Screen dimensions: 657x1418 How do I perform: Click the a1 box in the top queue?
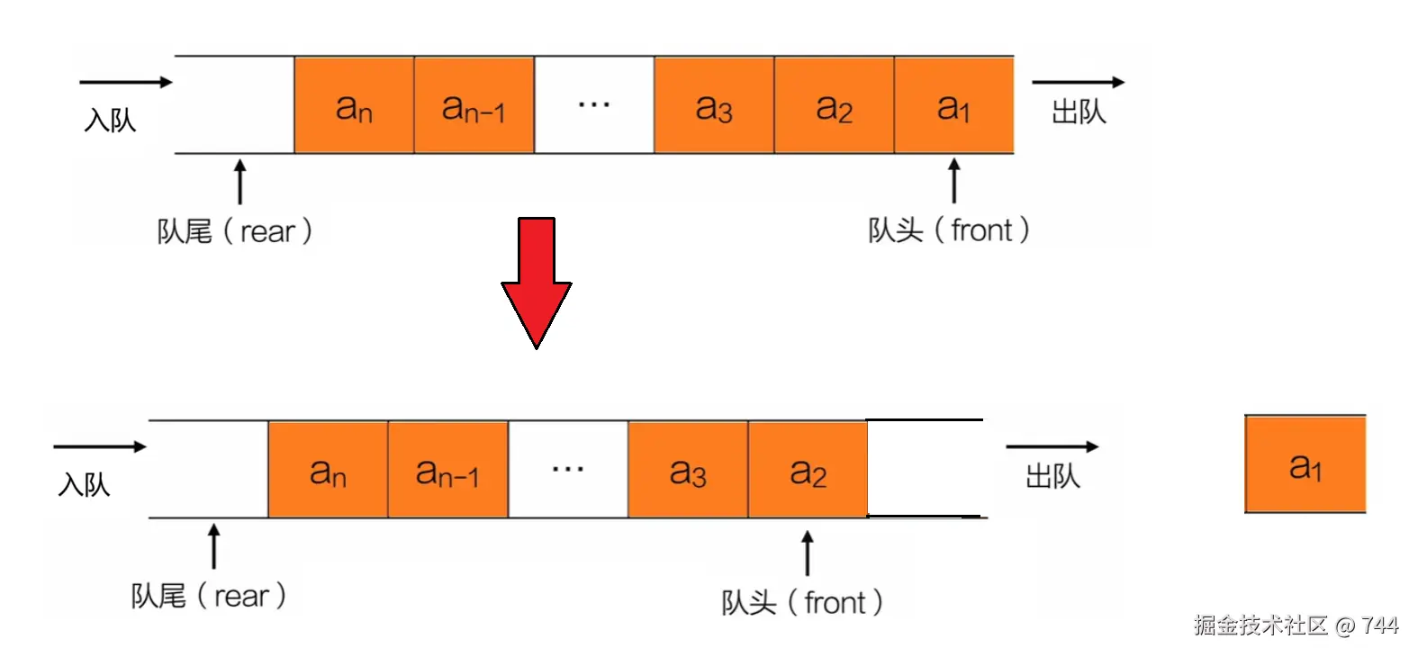coord(953,105)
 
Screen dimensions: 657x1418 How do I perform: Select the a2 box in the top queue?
coord(834,105)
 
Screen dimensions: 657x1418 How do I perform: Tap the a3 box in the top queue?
coord(714,105)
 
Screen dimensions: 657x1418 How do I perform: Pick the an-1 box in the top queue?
coord(474,105)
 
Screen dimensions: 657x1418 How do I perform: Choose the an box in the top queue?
coord(354,105)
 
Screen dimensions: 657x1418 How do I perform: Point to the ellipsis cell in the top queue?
coord(594,105)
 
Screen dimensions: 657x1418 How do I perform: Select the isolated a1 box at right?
coord(1305,464)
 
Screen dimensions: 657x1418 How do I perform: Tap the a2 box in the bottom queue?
coord(808,470)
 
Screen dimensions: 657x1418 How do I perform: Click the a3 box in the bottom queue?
coord(688,470)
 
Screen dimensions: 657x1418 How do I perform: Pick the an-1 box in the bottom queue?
coord(447,470)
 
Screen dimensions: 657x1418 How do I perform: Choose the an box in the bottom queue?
coord(328,470)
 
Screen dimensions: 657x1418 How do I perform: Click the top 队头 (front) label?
coord(948,230)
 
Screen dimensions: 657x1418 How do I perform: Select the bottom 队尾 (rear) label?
coord(209,596)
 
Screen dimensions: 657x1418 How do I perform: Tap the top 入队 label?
coord(110,120)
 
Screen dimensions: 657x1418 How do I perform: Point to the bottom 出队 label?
coord(1052,476)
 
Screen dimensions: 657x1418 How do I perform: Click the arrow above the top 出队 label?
coord(1078,82)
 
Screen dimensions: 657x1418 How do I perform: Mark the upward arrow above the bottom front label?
coord(808,553)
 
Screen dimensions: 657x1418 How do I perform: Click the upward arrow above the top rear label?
coord(239,182)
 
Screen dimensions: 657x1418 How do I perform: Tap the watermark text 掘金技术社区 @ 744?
coord(1296,625)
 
